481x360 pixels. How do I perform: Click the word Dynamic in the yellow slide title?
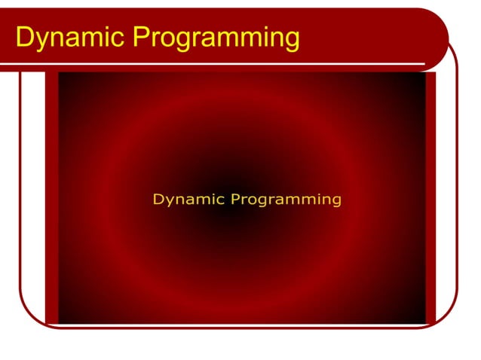[70, 36]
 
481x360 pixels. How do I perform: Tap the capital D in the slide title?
[24, 36]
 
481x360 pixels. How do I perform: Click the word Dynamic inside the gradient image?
[188, 200]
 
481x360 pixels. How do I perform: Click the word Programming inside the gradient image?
[286, 200]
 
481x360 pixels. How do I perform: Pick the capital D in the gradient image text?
[158, 200]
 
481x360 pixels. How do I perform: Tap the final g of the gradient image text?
[336, 201]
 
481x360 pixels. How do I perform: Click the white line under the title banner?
[226, 63]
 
